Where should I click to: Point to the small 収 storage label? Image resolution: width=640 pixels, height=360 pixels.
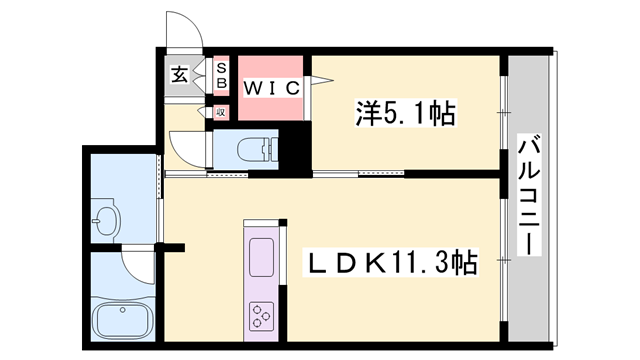point(221,112)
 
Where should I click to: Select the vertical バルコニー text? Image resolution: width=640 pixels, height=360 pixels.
point(528,200)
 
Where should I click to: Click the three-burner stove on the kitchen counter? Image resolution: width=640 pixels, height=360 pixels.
point(263,317)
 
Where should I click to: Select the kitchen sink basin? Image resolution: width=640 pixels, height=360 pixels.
point(262,258)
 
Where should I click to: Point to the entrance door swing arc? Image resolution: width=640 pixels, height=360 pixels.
point(183,31)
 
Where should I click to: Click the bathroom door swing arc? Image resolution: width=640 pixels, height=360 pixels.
point(135,262)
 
